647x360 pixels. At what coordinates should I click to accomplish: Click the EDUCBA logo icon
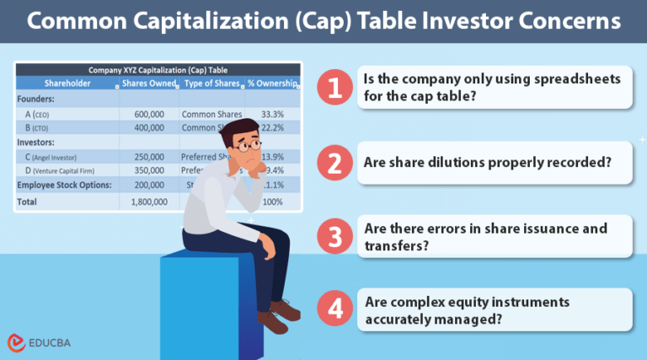click(16, 342)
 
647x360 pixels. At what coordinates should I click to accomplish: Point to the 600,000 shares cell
click(149, 114)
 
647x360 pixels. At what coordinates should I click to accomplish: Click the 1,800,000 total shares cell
click(149, 202)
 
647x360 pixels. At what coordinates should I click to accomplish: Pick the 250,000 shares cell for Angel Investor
click(149, 158)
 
